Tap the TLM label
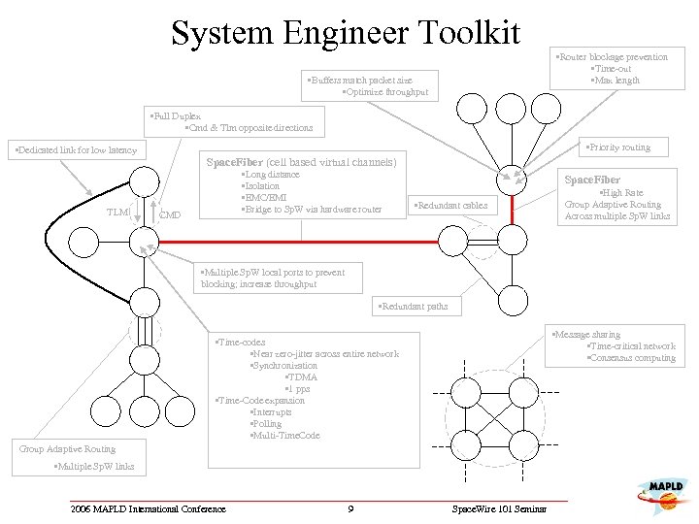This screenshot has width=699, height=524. click(118, 212)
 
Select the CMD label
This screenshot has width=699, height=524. click(169, 214)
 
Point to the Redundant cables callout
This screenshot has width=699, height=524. click(449, 206)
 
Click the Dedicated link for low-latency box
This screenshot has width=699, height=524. click(73, 150)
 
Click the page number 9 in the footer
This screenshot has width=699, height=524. click(349, 509)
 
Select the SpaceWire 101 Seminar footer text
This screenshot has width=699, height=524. click(499, 509)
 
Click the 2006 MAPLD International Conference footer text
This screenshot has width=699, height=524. click(148, 509)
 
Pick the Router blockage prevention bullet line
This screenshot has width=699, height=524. click(612, 57)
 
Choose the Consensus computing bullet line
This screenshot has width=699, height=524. click(631, 358)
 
